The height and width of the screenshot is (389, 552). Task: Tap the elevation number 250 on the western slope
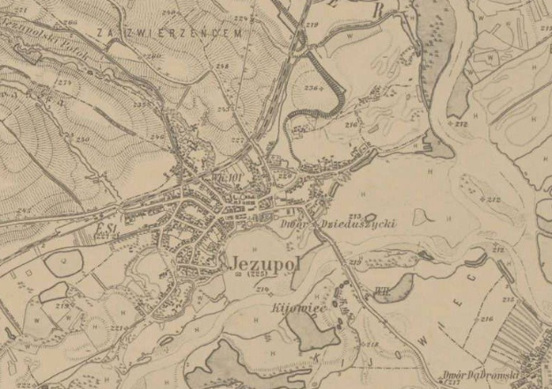(x=82, y=139)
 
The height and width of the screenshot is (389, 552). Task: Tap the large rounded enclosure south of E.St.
(x=63, y=263)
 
